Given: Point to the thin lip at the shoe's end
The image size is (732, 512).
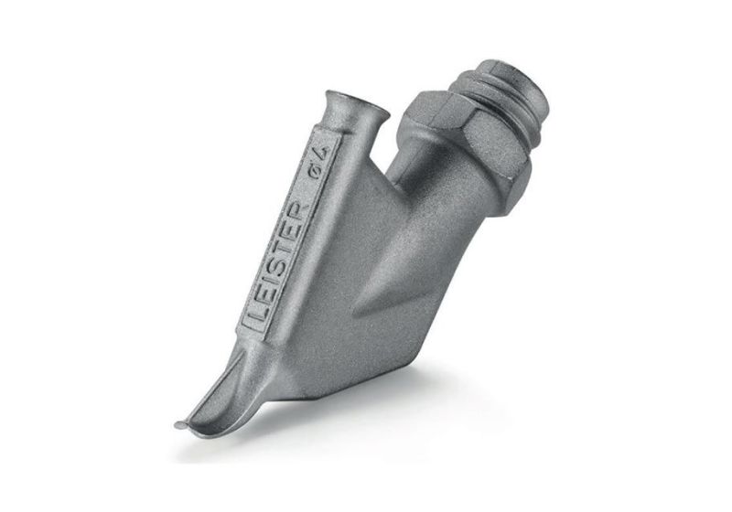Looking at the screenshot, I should tap(183, 425).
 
